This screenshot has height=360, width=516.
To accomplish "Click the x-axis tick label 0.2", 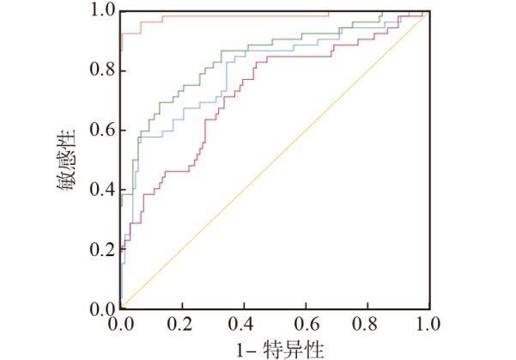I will click(183, 326).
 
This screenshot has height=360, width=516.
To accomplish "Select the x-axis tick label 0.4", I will click(244, 326).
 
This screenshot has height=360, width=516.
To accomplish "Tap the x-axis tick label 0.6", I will click(306, 326).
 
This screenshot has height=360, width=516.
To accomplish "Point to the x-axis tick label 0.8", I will click(367, 326).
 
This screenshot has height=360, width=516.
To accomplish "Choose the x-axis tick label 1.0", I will click(428, 326).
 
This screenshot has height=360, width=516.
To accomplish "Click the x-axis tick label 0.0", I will click(121, 326).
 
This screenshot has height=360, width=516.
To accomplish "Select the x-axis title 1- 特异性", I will click(274, 349).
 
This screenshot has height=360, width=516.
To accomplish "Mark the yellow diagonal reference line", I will click(275, 162).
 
